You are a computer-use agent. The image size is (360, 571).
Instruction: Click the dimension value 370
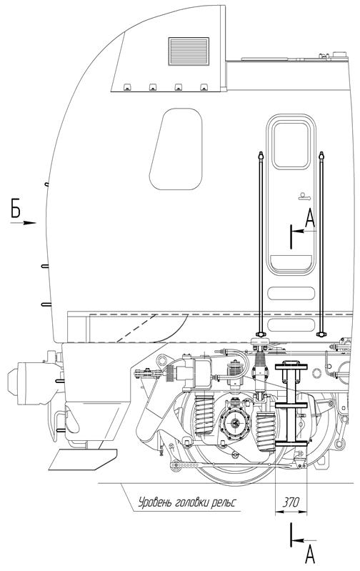291,502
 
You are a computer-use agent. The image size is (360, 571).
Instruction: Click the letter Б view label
15,208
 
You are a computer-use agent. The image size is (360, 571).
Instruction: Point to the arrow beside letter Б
23,222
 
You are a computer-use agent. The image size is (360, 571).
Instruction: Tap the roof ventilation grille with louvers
189,51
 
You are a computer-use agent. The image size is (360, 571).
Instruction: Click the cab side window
176,149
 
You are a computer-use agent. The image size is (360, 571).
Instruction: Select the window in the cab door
291,145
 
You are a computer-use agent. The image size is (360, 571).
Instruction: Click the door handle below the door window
304,197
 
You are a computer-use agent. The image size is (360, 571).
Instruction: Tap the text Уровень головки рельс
187,503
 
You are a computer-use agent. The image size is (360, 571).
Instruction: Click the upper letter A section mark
310,219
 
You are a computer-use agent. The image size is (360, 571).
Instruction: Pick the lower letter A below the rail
310,555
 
